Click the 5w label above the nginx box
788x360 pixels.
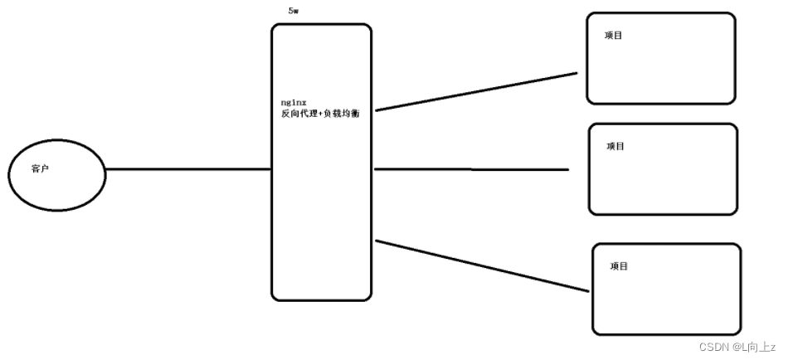click(x=293, y=12)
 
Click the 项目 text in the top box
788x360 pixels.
click(x=614, y=36)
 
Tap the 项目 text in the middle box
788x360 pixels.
click(x=615, y=146)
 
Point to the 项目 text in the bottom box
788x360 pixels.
click(x=619, y=266)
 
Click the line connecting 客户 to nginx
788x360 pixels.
click(x=188, y=169)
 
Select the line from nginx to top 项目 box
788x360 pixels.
click(x=475, y=91)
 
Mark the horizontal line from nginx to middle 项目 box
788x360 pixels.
click(x=471, y=169)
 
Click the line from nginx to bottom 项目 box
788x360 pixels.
click(x=481, y=265)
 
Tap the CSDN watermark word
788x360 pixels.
click(x=713, y=347)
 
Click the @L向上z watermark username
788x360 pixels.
click(x=752, y=347)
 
